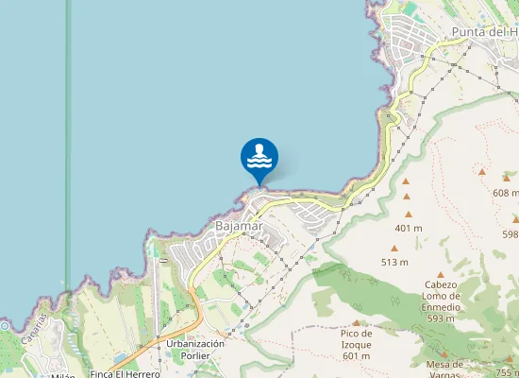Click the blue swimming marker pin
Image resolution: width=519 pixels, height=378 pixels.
pos(259,158)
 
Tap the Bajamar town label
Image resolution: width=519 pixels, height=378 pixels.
pos(239,227)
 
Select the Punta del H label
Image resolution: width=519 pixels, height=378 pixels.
pos(484,32)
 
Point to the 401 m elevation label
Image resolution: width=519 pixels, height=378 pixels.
pos(408,228)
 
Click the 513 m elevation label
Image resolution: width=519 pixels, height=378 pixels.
pos(394,262)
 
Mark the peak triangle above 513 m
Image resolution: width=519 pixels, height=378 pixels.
pos(394,248)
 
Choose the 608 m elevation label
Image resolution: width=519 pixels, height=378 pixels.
pos(506,192)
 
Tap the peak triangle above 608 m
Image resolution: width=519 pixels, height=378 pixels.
pos(481,172)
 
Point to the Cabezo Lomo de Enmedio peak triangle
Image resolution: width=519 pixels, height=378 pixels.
pos(440,275)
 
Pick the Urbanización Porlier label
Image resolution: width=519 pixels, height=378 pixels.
pos(194,350)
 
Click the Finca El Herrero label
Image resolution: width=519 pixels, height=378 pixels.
pos(125,374)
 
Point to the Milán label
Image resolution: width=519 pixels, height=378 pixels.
pos(63,375)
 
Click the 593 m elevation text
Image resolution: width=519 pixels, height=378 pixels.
pos(442,318)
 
